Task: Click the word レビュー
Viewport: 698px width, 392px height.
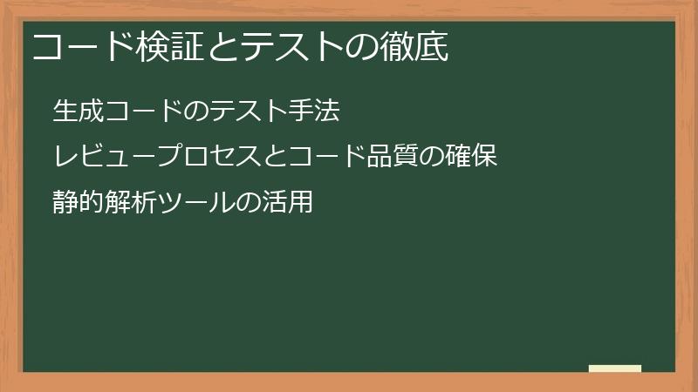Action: pos(103,158)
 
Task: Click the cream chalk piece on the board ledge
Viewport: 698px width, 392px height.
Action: pos(614,368)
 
